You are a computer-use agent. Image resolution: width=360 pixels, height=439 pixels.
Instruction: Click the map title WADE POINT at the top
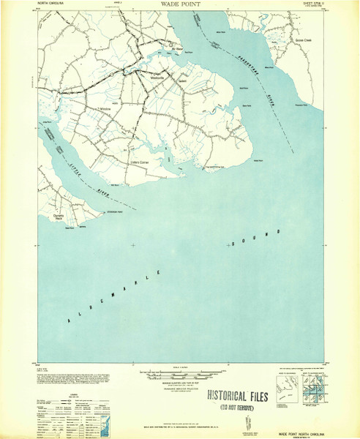click(x=175, y=4)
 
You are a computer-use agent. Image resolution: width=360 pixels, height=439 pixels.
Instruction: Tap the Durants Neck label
click(x=59, y=217)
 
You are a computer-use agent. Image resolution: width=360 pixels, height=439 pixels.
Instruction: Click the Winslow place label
click(x=105, y=109)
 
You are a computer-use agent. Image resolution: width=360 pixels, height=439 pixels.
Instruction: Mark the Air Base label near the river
click(x=176, y=51)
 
